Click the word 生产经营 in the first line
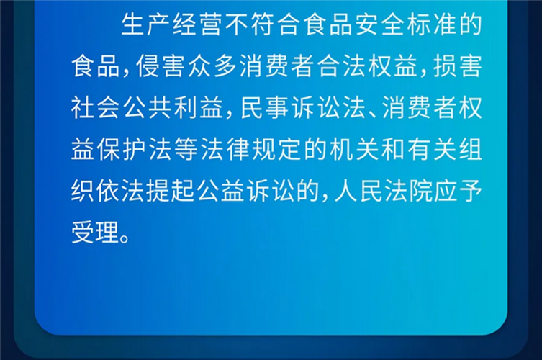coord(172,24)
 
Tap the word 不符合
coord(262,24)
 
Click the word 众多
coord(211,66)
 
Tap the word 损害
coord(458,66)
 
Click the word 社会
coord(95,107)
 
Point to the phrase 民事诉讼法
coord(303,107)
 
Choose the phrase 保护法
coord(134,149)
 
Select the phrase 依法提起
coord(145,191)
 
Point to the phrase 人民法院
coord(384,191)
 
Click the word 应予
coord(458,191)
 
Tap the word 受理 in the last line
coord(95,232)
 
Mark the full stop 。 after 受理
coord(125,238)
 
